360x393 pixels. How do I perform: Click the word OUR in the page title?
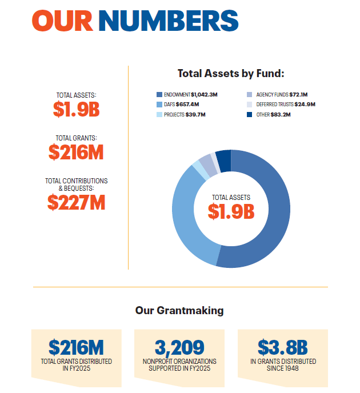pyautogui.click(x=62, y=21)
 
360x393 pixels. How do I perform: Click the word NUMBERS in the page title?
pyautogui.click(x=168, y=21)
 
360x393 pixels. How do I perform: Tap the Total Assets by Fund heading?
pyautogui.click(x=231, y=74)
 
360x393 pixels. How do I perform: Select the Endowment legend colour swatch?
pyautogui.click(x=159, y=94)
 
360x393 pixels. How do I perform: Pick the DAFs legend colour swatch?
pyautogui.click(x=159, y=105)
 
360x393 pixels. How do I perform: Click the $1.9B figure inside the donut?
pyautogui.click(x=231, y=211)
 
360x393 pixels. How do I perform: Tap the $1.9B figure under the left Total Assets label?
pyautogui.click(x=77, y=109)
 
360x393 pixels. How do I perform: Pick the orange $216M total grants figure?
pyautogui.click(x=76, y=152)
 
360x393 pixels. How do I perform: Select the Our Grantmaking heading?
pyautogui.click(x=179, y=311)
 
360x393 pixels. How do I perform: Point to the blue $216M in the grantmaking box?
pyautogui.click(x=76, y=347)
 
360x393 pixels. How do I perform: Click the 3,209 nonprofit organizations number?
pyautogui.click(x=179, y=347)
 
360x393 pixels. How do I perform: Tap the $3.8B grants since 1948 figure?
pyautogui.click(x=283, y=347)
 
